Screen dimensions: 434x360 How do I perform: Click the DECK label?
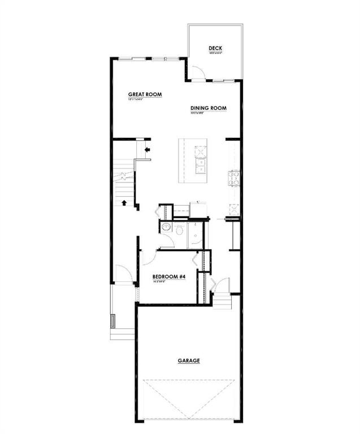[x=215, y=49]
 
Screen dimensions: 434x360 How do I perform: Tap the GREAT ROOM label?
[x=145, y=95]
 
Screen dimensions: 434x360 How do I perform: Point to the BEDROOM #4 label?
[x=169, y=277]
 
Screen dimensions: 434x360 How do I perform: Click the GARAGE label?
[x=188, y=360]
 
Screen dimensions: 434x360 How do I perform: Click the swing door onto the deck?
[x=198, y=72]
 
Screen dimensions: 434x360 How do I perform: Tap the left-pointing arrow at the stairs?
[x=148, y=150]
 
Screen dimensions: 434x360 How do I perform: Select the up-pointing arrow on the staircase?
[x=124, y=202]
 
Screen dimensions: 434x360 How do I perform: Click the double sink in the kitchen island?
[x=201, y=166]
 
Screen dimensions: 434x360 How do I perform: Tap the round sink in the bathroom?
[x=166, y=227]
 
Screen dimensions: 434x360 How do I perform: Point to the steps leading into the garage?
[x=223, y=303]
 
